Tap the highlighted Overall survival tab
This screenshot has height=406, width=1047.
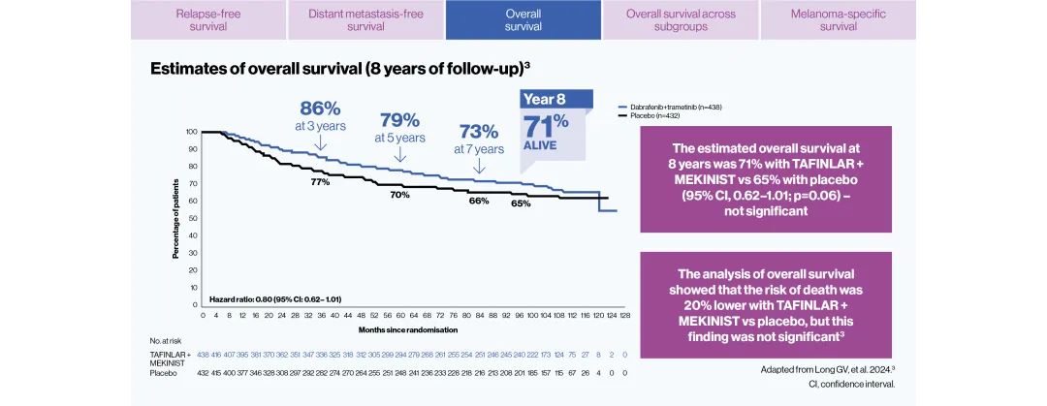tap(523, 20)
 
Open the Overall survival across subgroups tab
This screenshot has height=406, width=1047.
tap(680, 20)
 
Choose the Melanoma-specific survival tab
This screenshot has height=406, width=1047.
tap(838, 20)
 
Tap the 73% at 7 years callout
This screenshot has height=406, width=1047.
tap(478, 138)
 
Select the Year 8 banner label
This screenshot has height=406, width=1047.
tap(544, 99)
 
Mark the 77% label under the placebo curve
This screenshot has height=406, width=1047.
tap(320, 181)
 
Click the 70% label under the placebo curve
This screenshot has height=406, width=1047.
tap(399, 195)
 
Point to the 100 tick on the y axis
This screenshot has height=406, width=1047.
tap(191, 131)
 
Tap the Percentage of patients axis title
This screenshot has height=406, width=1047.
tap(176, 219)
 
